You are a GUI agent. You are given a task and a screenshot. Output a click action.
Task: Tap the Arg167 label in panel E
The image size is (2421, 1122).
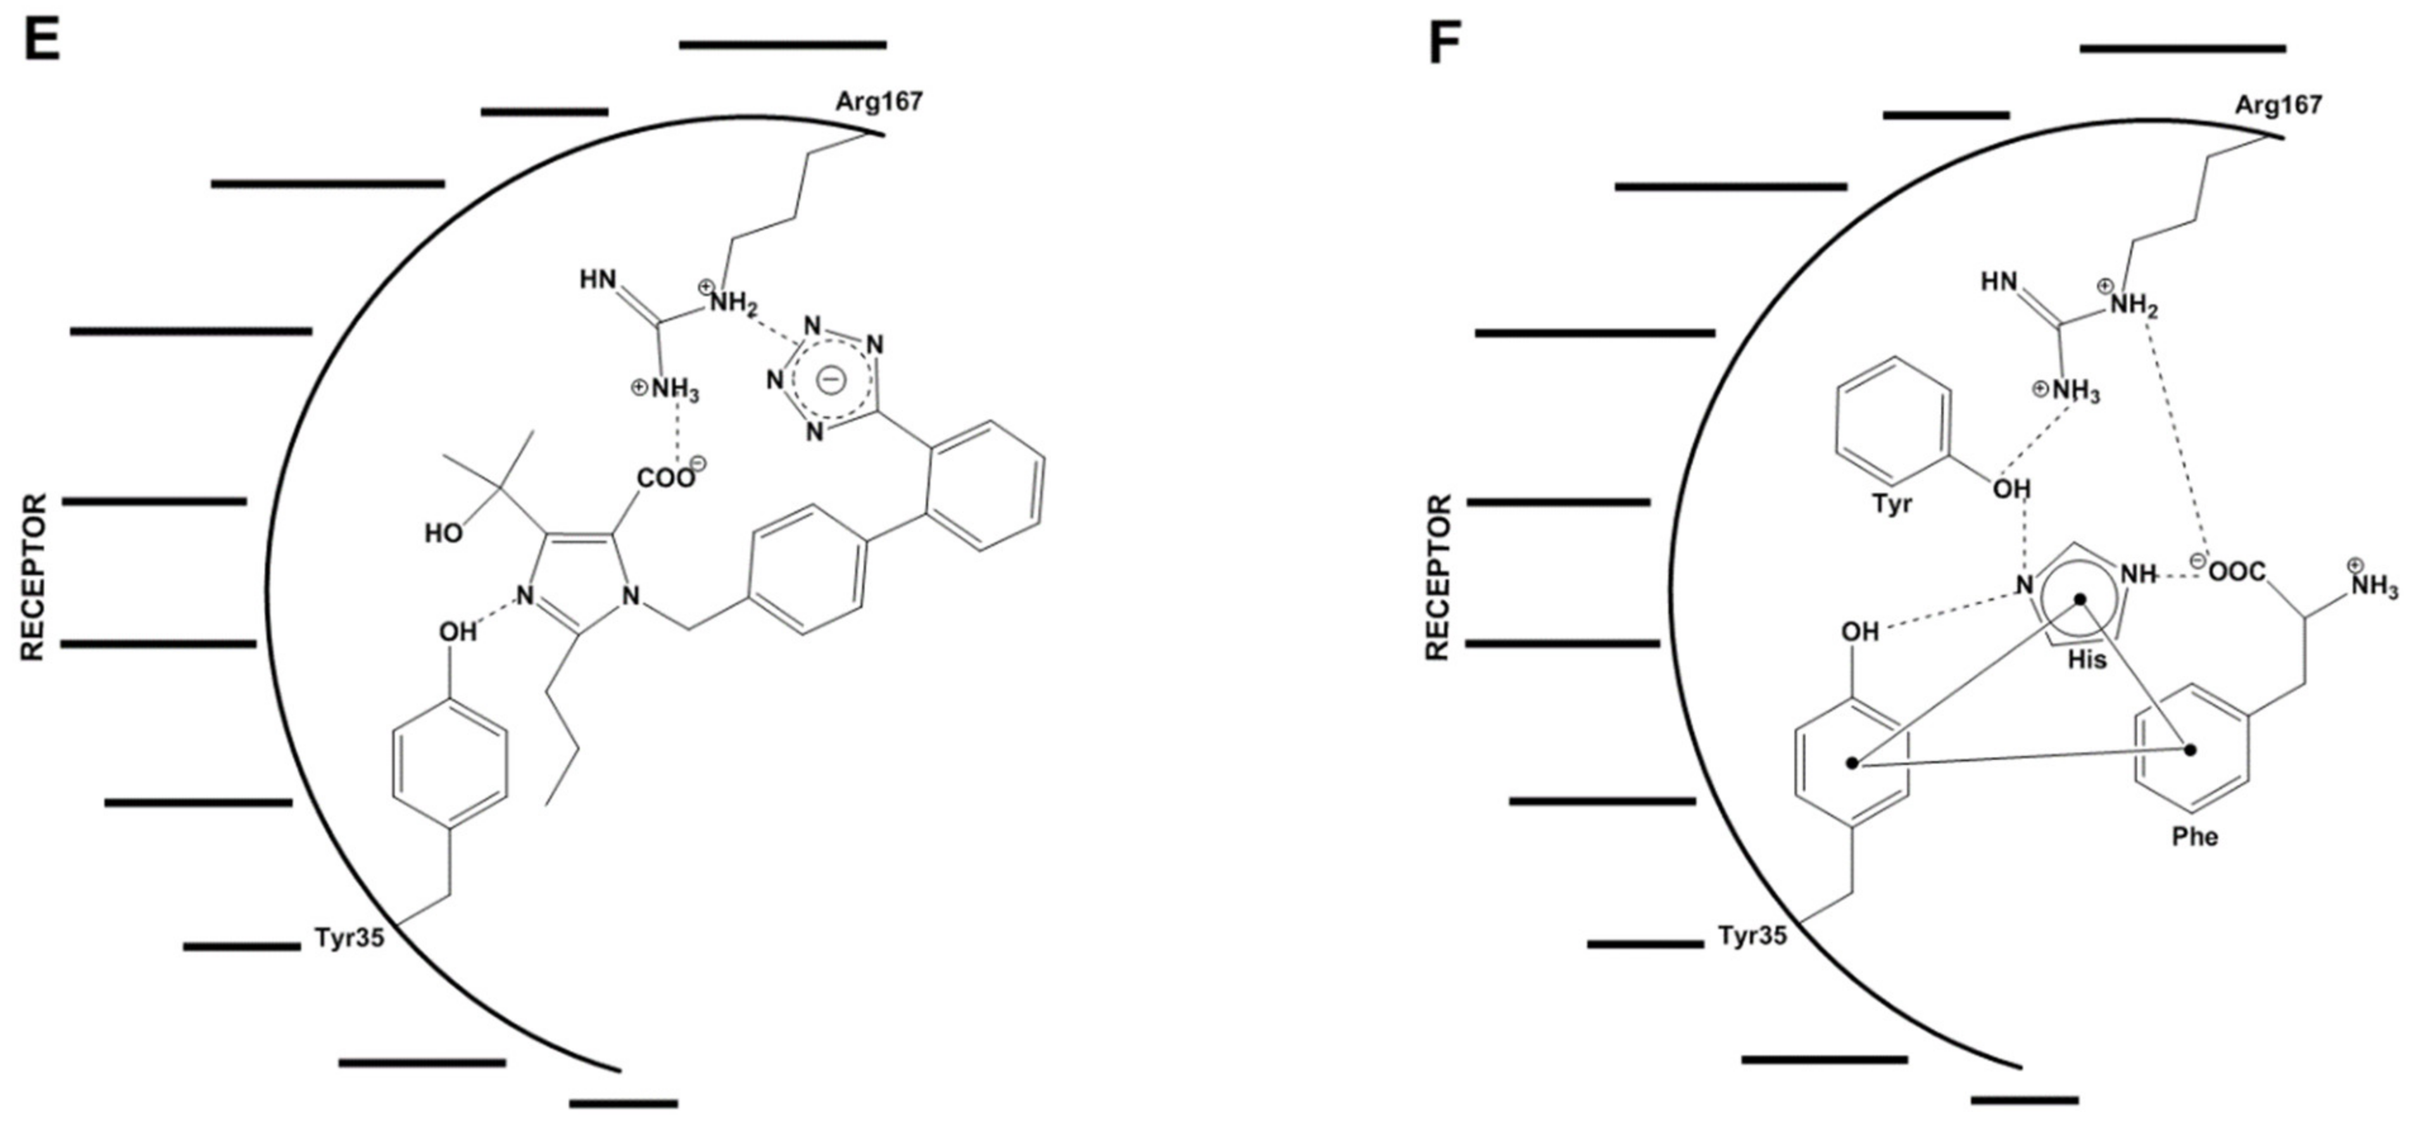click(879, 101)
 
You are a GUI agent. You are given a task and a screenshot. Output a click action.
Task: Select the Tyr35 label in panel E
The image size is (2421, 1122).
click(349, 938)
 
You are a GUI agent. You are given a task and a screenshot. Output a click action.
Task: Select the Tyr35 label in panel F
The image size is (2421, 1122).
click(1753, 936)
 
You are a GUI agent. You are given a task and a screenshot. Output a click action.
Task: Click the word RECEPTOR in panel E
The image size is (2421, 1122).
click(34, 578)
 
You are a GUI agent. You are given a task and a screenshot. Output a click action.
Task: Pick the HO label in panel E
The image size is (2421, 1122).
click(444, 534)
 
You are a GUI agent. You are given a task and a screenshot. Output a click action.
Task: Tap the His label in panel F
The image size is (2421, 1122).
click(2087, 660)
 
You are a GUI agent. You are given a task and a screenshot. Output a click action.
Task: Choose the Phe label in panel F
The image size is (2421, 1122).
click(2194, 836)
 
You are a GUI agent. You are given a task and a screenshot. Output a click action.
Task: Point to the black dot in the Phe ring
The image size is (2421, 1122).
click(2191, 750)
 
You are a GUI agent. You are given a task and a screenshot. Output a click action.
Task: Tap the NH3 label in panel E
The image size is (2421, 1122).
click(672, 390)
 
